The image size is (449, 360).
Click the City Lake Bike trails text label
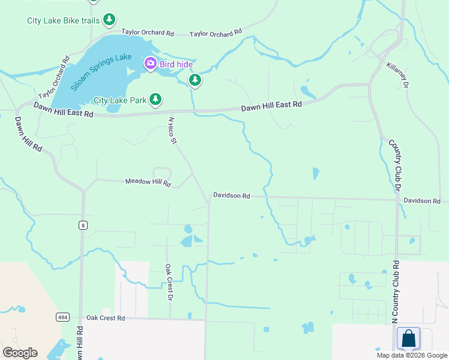62,20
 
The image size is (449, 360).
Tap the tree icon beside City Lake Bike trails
109,20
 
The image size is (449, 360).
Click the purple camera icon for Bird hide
149,63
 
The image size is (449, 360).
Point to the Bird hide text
175,63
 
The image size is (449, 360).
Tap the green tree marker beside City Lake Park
155,99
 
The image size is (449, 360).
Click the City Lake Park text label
120,100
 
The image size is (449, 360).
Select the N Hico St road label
172,131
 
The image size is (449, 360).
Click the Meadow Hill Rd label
148,182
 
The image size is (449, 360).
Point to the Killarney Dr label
397,76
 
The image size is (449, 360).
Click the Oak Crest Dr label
169,282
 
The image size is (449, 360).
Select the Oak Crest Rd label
105,317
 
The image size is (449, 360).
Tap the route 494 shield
63,317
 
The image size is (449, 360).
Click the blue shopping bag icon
408,338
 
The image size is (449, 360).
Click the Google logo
20,353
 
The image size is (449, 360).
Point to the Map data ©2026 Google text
411,355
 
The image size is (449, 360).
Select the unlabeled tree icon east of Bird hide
194,80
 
